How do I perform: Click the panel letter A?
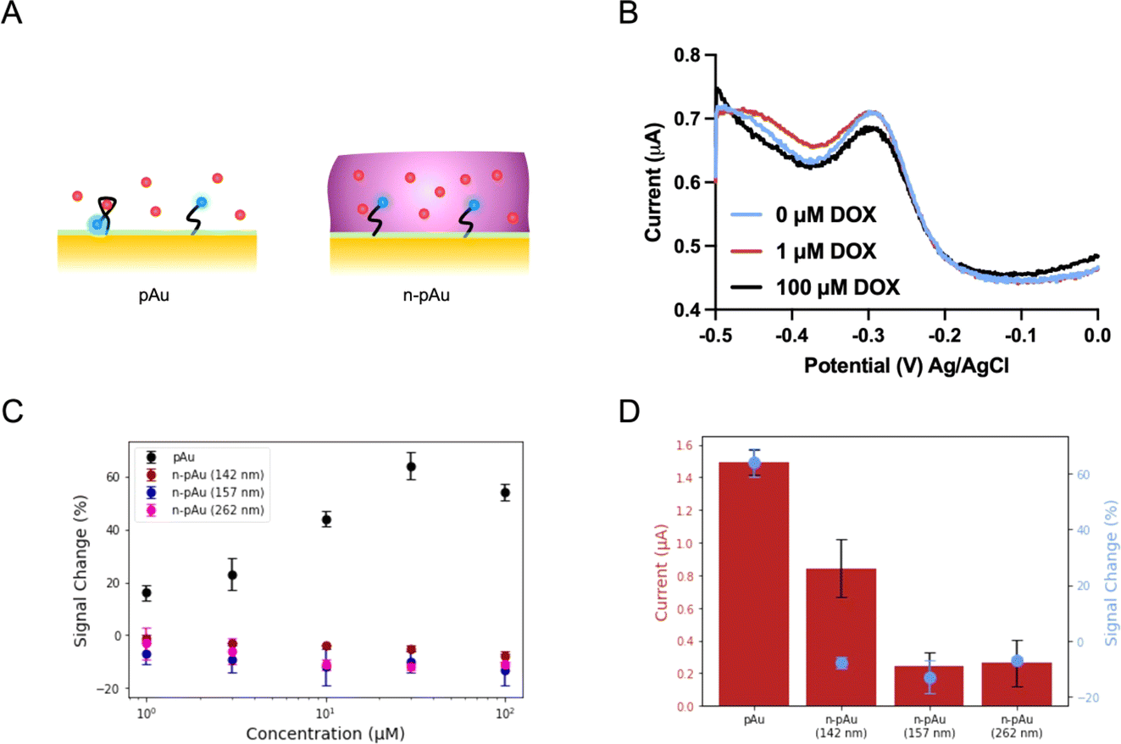pos(12,13)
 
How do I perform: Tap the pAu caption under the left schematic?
pos(153,295)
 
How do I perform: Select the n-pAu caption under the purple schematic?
pos(426,295)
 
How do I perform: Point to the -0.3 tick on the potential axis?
pos(868,336)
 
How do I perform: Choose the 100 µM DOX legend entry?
pos(815,287)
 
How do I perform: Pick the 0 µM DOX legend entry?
pos(803,214)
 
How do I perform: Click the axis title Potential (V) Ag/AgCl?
pos(906,366)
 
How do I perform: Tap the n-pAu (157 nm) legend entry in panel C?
pos(205,492)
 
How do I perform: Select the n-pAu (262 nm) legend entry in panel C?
pos(205,510)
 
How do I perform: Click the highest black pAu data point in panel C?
pos(411,467)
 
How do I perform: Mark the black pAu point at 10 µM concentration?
pos(326,519)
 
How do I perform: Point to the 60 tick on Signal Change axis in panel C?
pos(113,477)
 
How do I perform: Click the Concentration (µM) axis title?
pos(325,734)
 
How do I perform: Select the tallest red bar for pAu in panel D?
pos(753,584)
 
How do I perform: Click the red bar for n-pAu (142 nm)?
pos(841,637)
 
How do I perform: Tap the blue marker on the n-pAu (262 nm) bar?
pos(1017,662)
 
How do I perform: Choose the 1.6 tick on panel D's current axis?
pos(684,445)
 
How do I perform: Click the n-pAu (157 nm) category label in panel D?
pos(929,726)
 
